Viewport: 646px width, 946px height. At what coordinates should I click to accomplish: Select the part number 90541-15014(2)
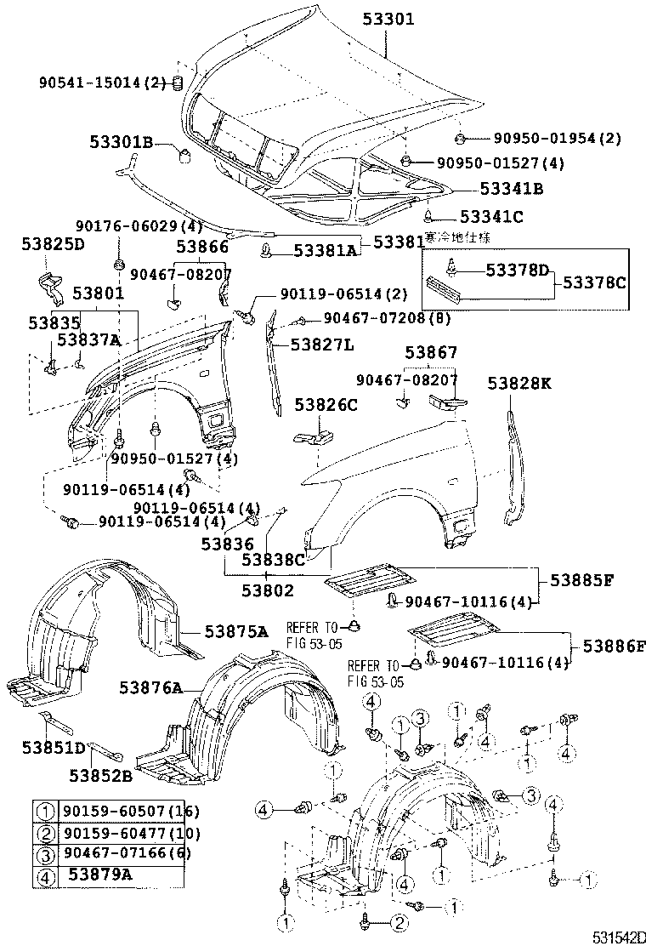103,83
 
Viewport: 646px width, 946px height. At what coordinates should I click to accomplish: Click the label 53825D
53,245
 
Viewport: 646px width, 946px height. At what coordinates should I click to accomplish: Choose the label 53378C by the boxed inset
595,281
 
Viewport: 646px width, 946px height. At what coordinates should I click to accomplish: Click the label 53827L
322,345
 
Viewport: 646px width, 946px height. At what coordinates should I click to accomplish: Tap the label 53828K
519,384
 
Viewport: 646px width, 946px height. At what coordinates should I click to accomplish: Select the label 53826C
326,405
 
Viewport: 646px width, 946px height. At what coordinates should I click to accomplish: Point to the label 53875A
235,631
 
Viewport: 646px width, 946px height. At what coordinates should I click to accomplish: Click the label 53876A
150,687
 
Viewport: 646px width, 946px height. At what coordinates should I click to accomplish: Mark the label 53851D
54,748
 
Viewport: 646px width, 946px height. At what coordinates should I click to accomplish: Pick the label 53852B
101,774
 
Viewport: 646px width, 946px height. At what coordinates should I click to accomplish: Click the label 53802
267,589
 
